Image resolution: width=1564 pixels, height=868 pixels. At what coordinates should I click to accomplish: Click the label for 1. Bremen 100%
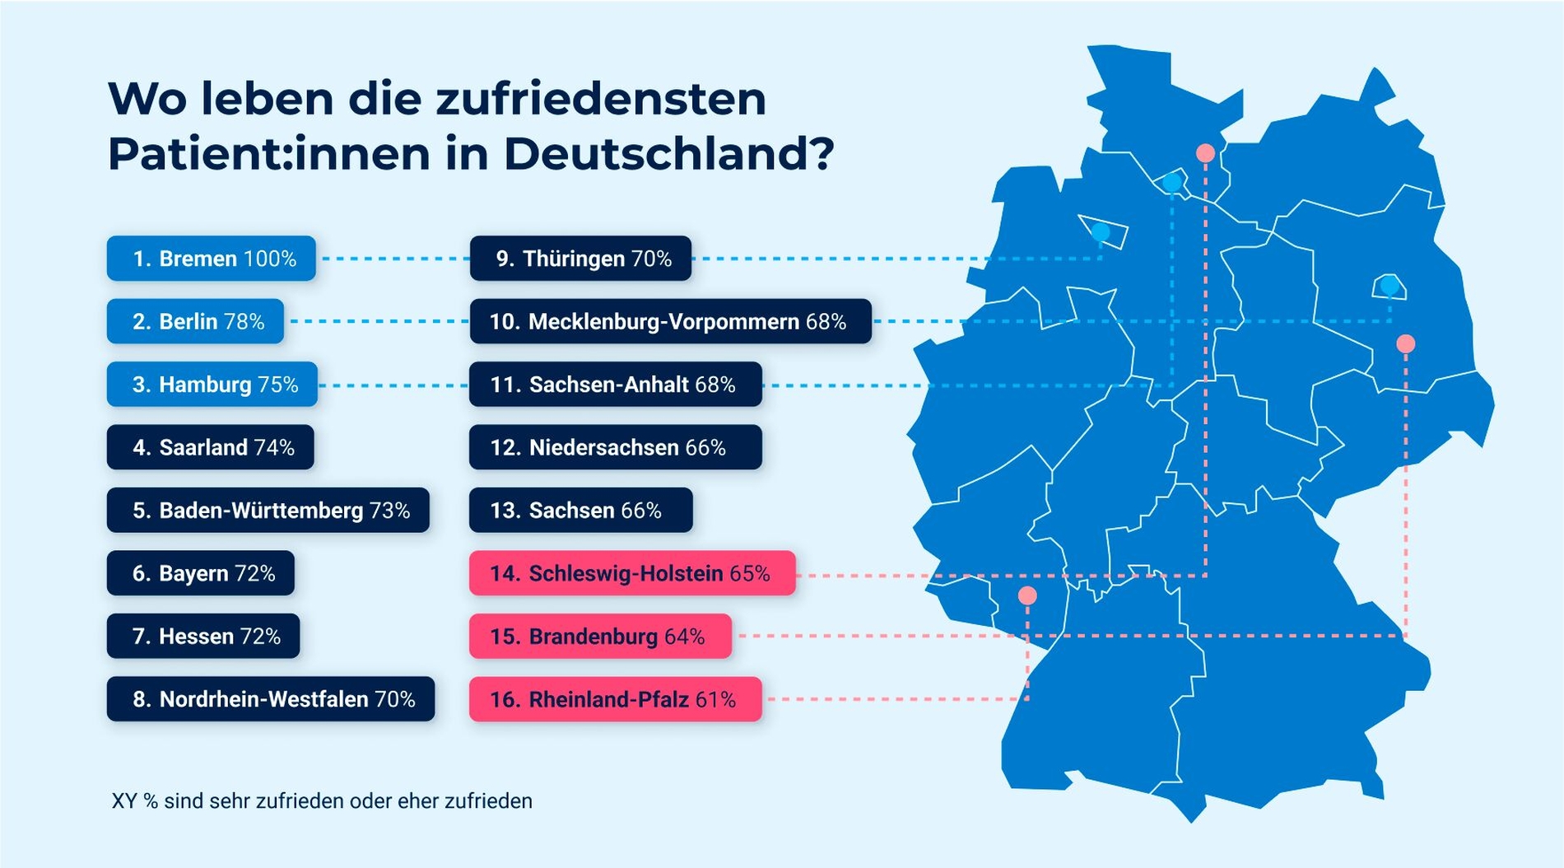pos(212,259)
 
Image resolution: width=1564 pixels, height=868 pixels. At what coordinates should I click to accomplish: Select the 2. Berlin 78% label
pos(196,321)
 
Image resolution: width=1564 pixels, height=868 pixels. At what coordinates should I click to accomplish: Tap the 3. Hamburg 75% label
pos(212,385)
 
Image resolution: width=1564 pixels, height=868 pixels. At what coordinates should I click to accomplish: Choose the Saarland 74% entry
pos(211,447)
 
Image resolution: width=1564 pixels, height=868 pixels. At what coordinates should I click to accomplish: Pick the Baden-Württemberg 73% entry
pos(268,511)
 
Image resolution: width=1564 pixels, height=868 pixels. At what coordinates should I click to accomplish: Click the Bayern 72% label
pos(201,573)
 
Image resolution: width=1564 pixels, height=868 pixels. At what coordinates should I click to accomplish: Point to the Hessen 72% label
pos(203,637)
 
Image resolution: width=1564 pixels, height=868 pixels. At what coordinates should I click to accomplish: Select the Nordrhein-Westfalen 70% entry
pos(271,699)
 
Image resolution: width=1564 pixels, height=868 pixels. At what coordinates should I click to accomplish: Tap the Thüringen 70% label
pos(581,259)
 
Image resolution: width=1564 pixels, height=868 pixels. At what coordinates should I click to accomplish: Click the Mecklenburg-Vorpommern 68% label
pos(670,321)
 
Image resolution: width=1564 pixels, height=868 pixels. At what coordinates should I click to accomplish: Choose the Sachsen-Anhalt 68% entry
pos(616,385)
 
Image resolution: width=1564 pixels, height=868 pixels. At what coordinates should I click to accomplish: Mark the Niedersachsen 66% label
pos(616,447)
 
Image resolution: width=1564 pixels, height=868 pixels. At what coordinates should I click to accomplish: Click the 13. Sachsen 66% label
pos(581,511)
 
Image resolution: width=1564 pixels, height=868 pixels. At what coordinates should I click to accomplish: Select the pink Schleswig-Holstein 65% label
pos(632,573)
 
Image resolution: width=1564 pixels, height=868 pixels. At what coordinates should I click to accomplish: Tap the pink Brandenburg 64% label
pos(600,637)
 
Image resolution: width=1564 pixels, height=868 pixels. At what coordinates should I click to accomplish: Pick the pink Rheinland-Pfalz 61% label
pos(616,699)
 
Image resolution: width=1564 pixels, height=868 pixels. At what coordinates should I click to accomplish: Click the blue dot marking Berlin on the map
pos(1389,287)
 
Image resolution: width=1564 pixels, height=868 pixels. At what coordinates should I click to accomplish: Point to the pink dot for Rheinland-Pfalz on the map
pos(1027,595)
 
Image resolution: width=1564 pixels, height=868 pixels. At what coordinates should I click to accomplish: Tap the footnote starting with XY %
pos(322,800)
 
